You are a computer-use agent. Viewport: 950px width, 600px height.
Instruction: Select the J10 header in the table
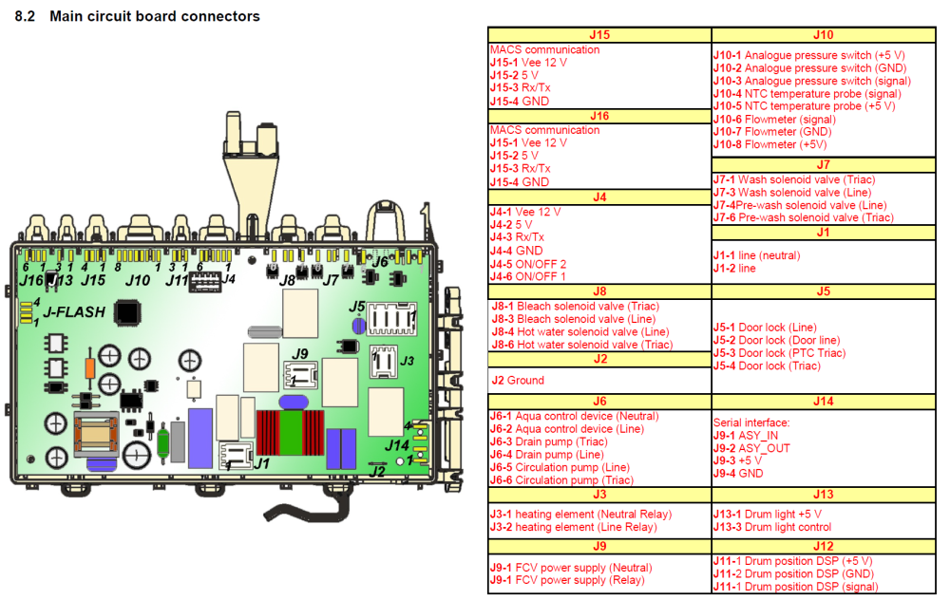(x=823, y=35)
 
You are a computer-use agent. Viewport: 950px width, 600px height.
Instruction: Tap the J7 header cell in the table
(x=823, y=164)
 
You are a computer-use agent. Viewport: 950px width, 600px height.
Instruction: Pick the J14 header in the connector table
(x=823, y=402)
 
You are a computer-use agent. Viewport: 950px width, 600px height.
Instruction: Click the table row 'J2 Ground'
(x=518, y=381)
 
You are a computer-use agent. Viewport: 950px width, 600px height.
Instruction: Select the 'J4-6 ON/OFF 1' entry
(x=527, y=276)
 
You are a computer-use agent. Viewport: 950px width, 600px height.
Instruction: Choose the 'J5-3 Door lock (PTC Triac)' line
(x=778, y=353)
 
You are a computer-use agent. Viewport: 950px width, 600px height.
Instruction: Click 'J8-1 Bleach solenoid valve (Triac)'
(x=574, y=307)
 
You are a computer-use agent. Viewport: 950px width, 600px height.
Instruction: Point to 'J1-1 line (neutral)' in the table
(x=756, y=255)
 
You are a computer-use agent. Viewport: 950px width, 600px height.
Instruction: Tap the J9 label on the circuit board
(x=300, y=354)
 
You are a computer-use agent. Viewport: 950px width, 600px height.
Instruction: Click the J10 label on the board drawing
(x=138, y=280)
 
